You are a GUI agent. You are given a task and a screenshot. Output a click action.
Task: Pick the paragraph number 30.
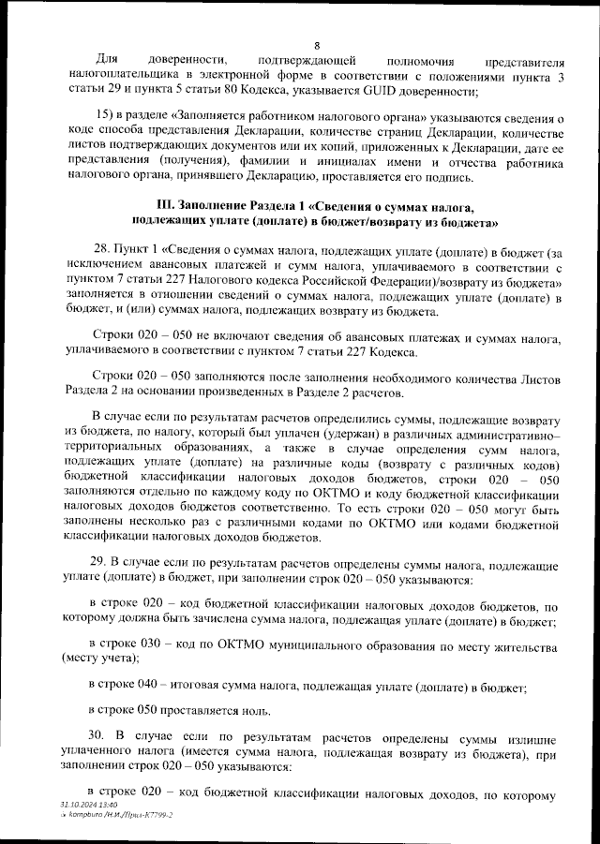[98, 733]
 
